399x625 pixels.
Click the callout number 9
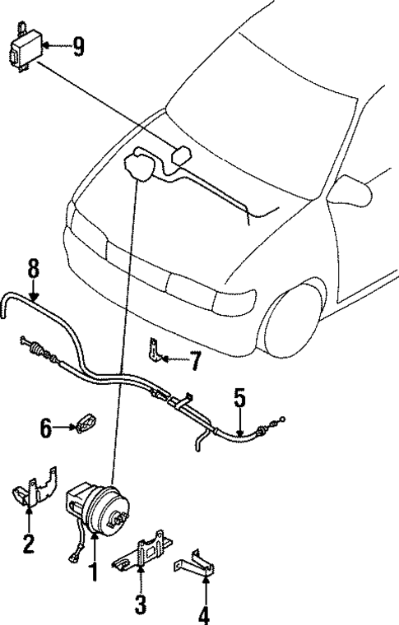[x=78, y=46]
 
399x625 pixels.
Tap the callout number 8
[x=33, y=269]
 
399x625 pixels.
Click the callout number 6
[x=47, y=427]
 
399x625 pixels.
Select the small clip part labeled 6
[x=86, y=424]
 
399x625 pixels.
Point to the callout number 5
[x=239, y=398]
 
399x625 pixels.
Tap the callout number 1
[x=94, y=570]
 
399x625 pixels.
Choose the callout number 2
[x=29, y=544]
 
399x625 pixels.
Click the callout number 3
[x=141, y=604]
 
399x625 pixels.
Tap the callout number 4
[x=202, y=613]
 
